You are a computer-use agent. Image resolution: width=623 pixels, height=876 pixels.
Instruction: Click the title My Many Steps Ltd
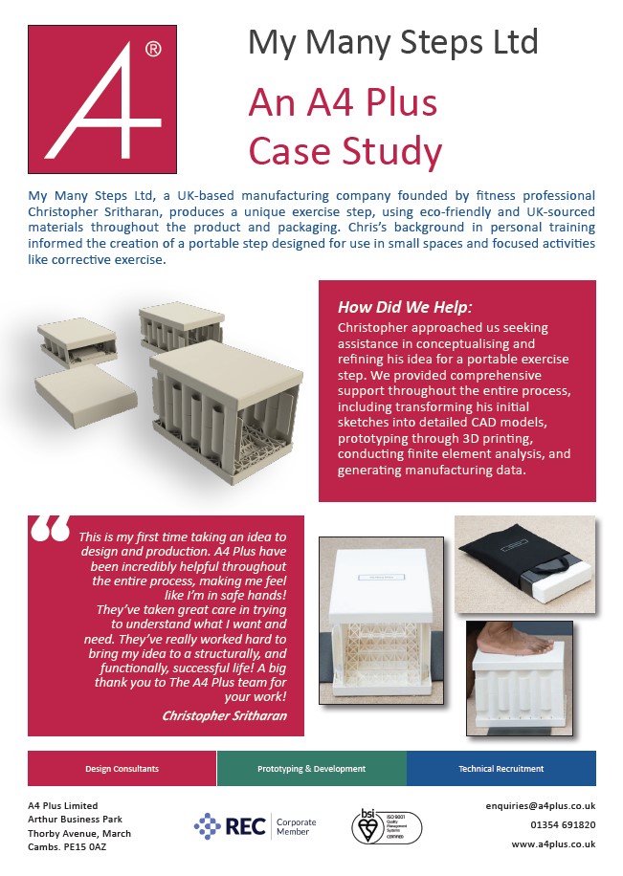(392, 42)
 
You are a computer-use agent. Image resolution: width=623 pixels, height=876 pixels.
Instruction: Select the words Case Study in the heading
(345, 150)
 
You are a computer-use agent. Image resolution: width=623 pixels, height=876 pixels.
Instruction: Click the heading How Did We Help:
(405, 307)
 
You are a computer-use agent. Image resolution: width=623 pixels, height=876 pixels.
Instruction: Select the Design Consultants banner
(122, 768)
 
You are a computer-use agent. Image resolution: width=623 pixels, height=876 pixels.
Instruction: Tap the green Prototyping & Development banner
(311, 768)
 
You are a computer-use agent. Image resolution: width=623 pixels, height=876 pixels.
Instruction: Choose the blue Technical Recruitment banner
(501, 768)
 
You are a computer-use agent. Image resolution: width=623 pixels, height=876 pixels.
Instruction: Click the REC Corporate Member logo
(255, 825)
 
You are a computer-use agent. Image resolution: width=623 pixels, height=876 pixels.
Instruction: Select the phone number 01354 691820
(562, 825)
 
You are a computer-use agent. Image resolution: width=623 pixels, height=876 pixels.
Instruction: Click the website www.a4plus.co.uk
(553, 844)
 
